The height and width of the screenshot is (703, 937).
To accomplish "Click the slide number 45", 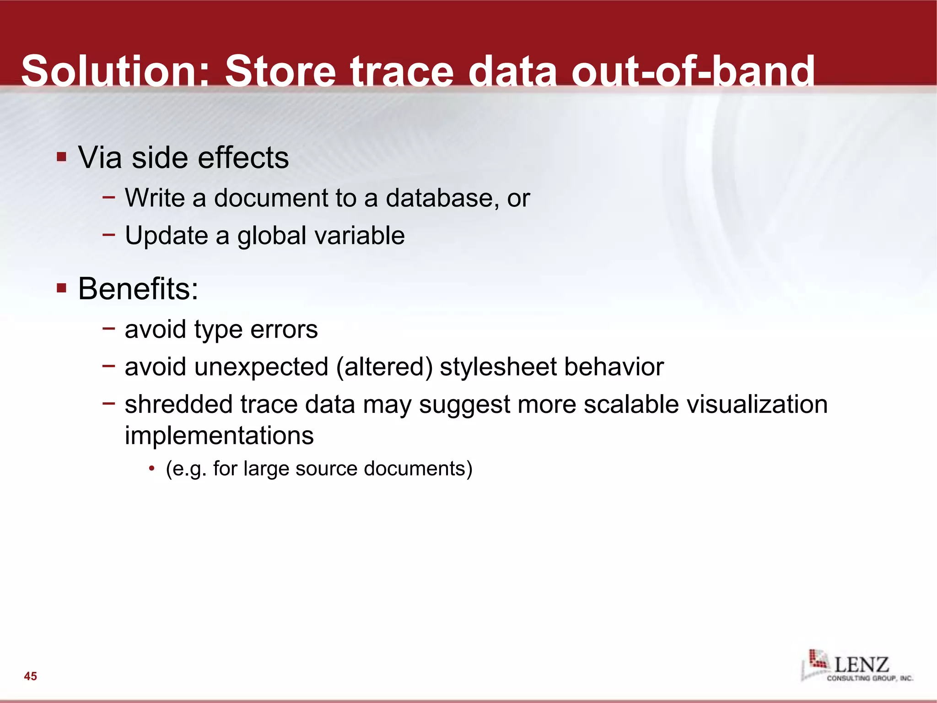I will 31,676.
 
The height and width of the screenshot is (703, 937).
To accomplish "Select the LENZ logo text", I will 862,664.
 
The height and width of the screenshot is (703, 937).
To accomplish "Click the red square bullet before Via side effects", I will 62,157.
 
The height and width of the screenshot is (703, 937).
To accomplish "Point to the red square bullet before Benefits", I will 62,288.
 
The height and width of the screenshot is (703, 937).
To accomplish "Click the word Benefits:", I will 138,289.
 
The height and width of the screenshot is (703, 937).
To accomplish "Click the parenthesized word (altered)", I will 384,367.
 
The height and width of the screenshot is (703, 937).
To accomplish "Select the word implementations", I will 219,435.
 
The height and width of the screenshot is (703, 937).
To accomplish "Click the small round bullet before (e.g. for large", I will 151,469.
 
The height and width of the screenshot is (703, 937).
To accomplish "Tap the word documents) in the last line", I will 418,469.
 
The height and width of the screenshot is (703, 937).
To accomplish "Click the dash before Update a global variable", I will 108,235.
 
